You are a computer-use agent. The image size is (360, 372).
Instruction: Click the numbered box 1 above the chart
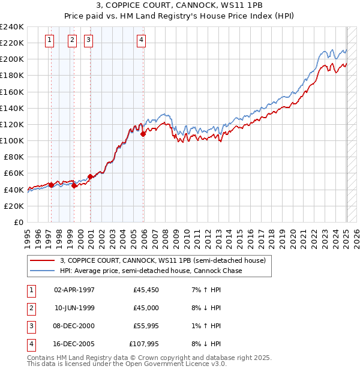(49, 40)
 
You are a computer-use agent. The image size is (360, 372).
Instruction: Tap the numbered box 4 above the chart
(141, 40)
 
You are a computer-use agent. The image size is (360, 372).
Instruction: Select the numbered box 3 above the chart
(88, 40)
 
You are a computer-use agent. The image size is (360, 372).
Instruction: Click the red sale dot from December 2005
(143, 134)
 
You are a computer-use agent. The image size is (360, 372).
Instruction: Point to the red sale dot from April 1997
(51, 185)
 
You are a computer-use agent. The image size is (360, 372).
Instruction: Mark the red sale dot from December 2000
(90, 176)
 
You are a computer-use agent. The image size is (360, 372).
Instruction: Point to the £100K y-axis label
(12, 140)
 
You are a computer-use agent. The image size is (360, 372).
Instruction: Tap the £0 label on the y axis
(18, 222)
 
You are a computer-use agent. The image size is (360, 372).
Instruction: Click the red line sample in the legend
(43, 260)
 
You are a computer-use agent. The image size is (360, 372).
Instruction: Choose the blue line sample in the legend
(43, 271)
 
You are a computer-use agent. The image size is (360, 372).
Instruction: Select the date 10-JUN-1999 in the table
(74, 308)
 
